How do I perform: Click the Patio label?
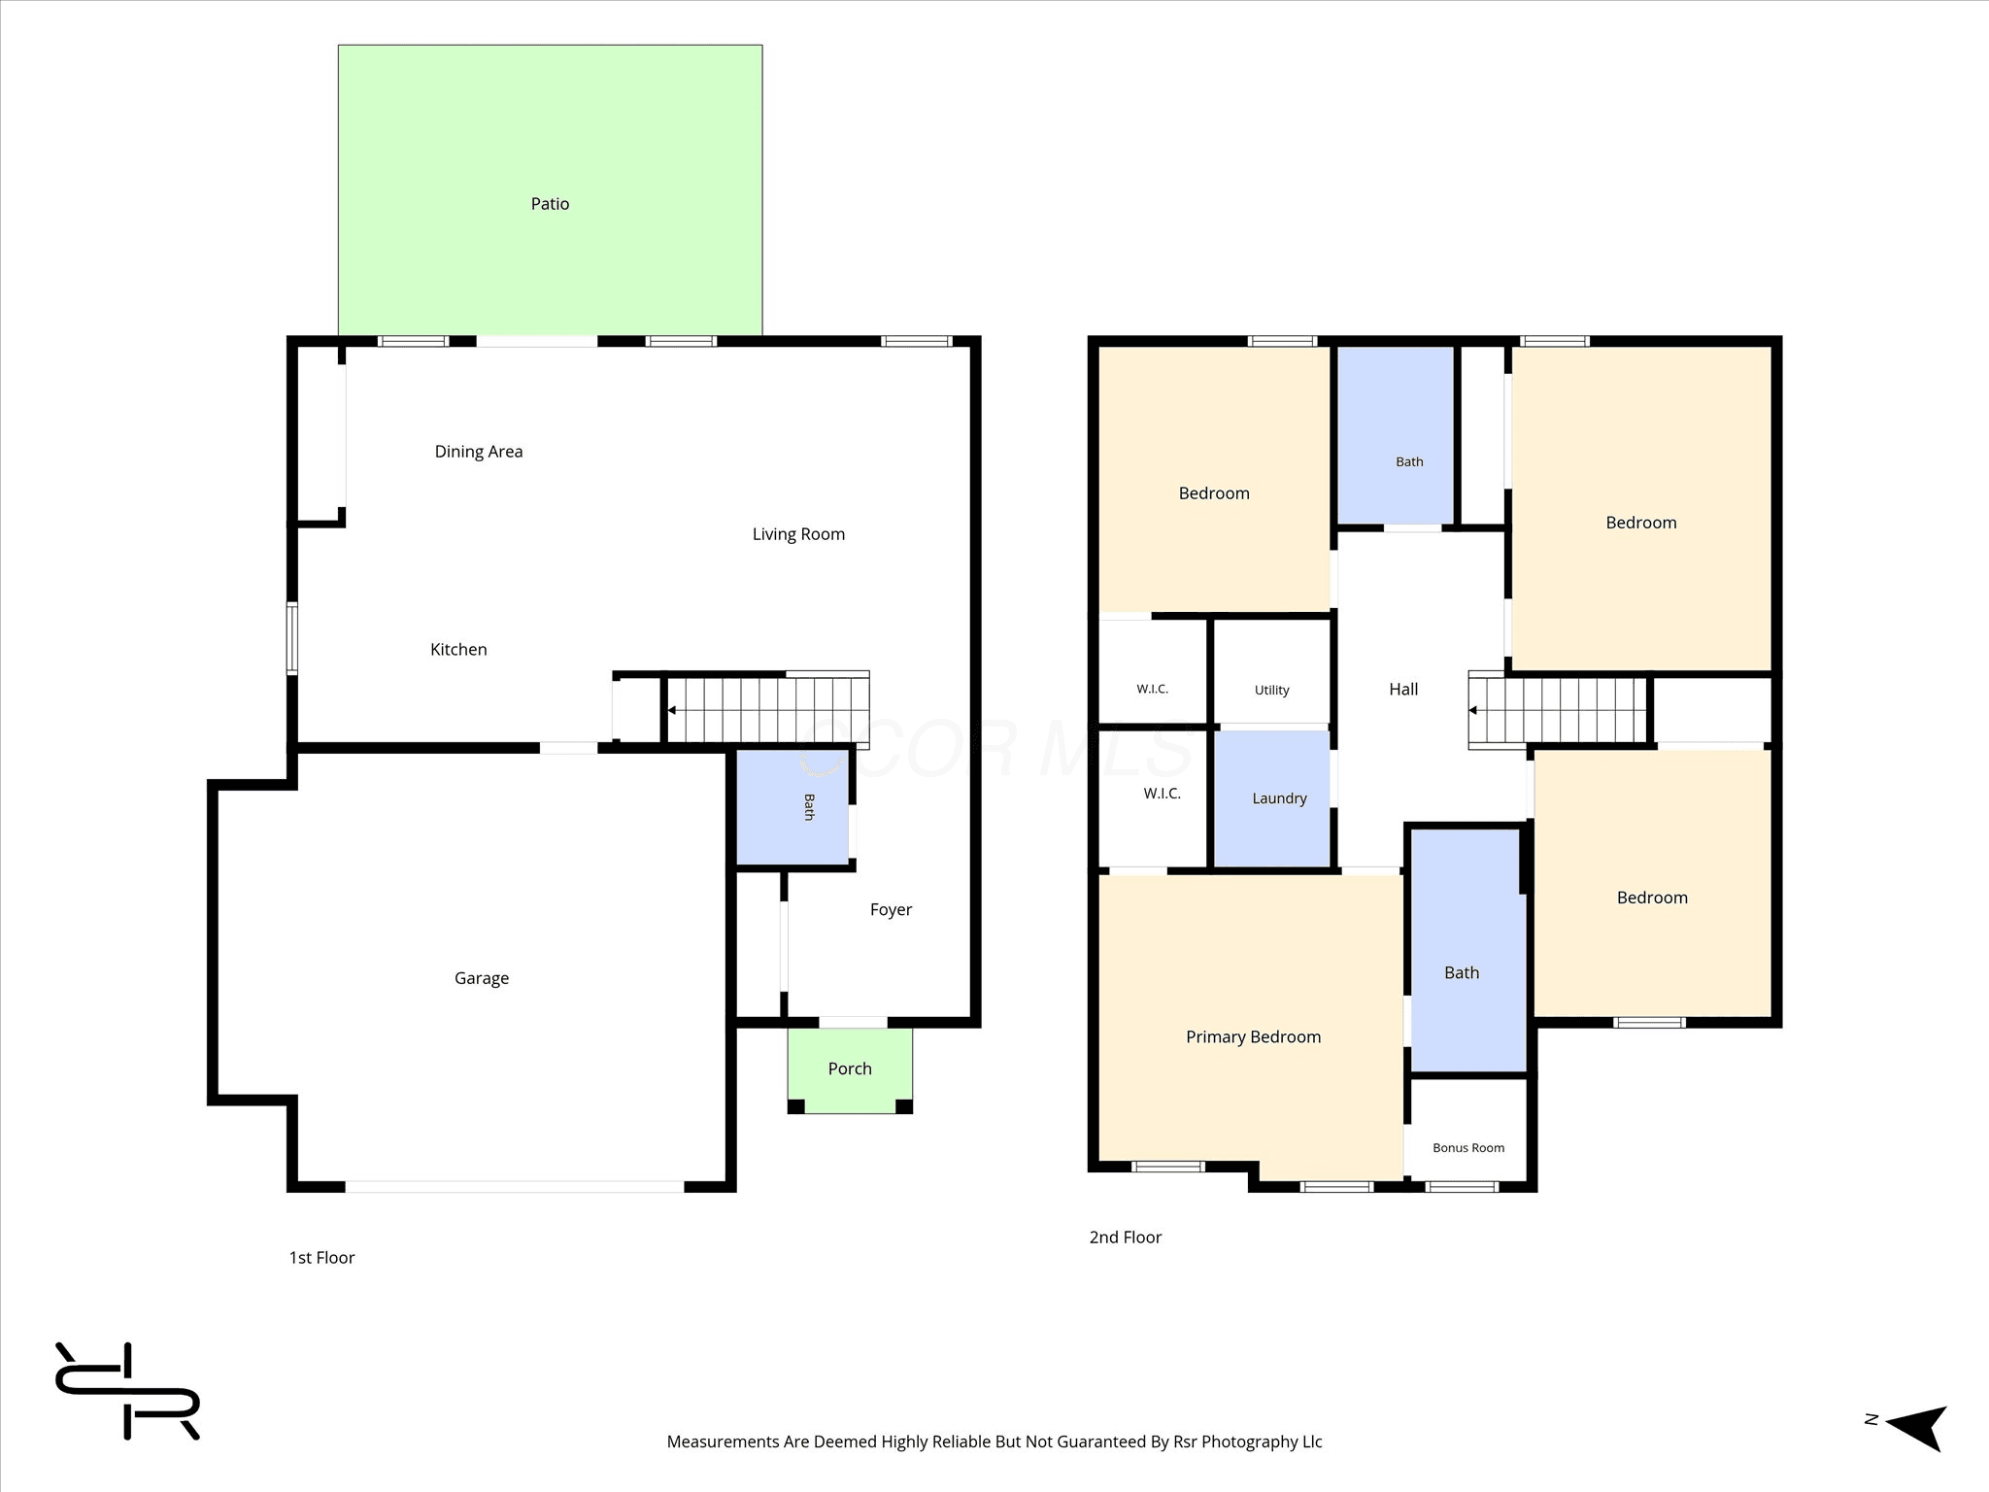550,204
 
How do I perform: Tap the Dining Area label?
479,452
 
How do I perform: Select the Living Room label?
798,534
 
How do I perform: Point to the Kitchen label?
458,650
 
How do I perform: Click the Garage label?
482,978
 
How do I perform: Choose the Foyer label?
891,910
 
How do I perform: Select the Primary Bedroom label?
1254,1037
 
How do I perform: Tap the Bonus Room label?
1468,1148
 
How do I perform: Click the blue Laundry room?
1272,798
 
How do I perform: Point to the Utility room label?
1272,691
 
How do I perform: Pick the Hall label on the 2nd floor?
1403,690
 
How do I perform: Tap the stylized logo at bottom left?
127,1390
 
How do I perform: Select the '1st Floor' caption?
321,1258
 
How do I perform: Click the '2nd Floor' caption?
1126,1238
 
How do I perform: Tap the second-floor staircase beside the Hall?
1558,710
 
